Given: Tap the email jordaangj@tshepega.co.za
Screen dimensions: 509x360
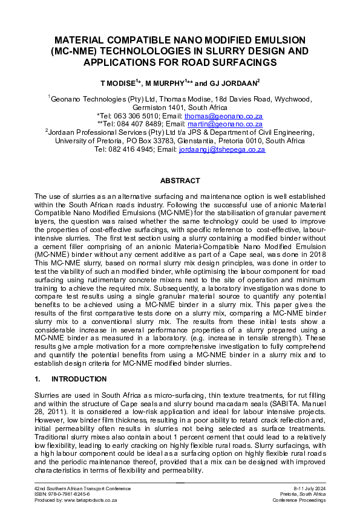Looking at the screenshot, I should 222,150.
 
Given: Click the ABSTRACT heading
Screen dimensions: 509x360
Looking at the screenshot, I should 180,181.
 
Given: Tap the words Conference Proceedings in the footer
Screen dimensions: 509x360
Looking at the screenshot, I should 299,501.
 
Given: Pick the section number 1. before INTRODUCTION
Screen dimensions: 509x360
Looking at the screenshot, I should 38,379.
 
